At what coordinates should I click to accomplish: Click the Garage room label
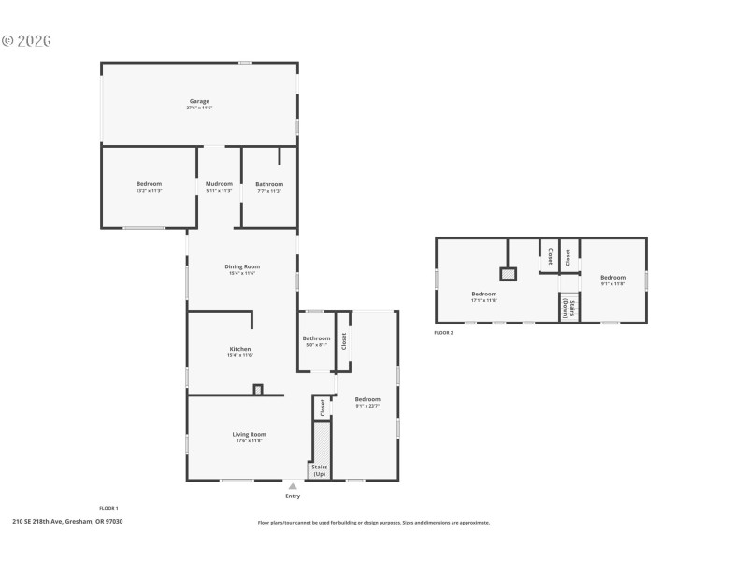[x=199, y=101]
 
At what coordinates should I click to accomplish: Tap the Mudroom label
[x=219, y=184]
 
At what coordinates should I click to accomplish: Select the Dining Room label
[x=241, y=266]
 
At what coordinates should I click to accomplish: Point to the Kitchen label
[x=240, y=349]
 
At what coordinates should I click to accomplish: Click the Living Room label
[x=250, y=434]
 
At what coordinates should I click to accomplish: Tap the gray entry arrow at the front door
[x=293, y=486]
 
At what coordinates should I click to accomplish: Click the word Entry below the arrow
[x=293, y=496]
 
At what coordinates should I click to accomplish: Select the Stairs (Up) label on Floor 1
[x=320, y=471]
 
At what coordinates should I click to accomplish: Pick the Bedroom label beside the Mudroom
[x=149, y=184]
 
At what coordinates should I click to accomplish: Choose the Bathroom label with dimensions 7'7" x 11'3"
[x=269, y=184]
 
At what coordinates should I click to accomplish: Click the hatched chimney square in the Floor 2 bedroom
[x=508, y=274]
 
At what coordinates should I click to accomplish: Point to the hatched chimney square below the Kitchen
[x=258, y=390]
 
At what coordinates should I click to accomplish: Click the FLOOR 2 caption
[x=444, y=332]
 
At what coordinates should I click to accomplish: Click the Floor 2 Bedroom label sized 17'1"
[x=484, y=295]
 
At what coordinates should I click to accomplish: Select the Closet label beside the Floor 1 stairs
[x=323, y=408]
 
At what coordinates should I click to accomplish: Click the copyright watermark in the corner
[x=26, y=41]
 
